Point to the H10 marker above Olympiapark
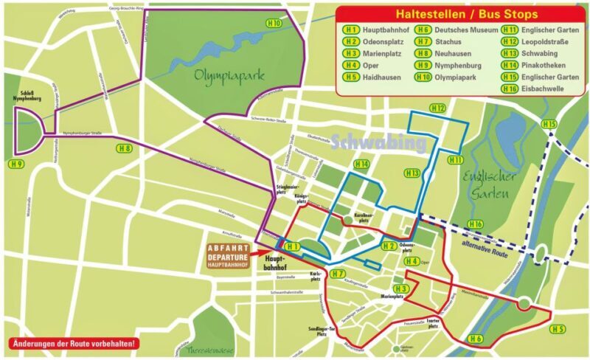point(274,24)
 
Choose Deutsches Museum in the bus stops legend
point(456,30)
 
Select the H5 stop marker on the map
point(558,328)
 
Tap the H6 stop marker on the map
point(475,339)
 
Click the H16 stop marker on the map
point(476,224)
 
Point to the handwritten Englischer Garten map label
point(486,185)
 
